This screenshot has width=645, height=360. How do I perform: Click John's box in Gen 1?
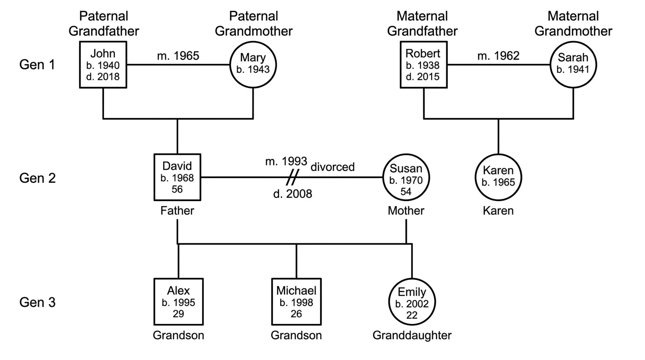click(x=103, y=64)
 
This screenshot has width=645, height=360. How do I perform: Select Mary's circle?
click(x=253, y=64)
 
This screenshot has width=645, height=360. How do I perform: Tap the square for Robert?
click(x=424, y=64)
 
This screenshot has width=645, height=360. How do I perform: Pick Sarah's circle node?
click(x=573, y=64)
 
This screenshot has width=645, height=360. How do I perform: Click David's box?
click(x=177, y=177)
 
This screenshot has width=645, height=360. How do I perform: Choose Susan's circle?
click(x=406, y=178)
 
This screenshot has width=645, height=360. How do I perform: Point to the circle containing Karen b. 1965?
click(x=499, y=177)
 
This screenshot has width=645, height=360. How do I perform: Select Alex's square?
click(x=178, y=302)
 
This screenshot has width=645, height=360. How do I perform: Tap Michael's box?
click(x=296, y=302)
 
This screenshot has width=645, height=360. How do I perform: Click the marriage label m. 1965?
click(x=178, y=56)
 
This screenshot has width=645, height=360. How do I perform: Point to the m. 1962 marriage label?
click(x=498, y=56)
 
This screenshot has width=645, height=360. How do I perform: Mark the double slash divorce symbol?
click(x=293, y=177)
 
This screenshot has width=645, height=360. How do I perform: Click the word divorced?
click(x=332, y=167)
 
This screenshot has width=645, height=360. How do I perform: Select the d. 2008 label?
click(x=292, y=193)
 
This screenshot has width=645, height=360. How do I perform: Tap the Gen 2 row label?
click(x=37, y=178)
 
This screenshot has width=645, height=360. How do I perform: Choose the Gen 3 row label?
click(x=37, y=302)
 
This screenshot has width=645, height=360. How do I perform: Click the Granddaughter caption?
click(x=412, y=335)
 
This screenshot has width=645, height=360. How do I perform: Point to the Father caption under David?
click(x=177, y=211)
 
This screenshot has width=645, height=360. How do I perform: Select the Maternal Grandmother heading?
click(x=573, y=24)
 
